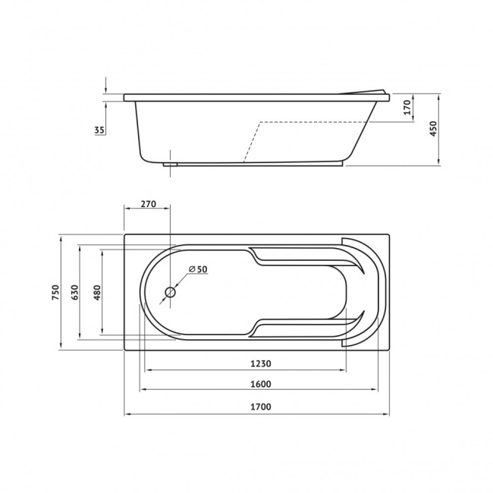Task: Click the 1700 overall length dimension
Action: (261, 407)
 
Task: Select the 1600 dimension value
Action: (261, 384)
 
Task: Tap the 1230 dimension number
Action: (261, 363)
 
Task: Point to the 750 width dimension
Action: (55, 292)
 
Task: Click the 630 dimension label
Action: (75, 292)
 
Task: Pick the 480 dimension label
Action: (98, 292)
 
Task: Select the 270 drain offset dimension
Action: (148, 204)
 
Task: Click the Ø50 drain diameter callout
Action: (198, 269)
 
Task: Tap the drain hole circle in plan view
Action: (170, 293)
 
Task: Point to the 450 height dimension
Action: (433, 129)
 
